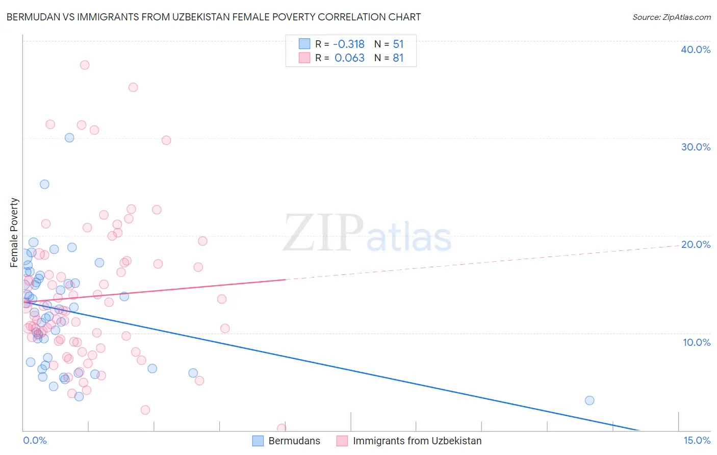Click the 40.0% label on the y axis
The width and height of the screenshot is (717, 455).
[x=695, y=49]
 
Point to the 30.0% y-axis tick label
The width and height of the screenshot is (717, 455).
[x=695, y=147]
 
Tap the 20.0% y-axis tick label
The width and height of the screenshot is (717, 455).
[x=695, y=244]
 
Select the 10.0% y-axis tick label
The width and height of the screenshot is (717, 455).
[x=696, y=342]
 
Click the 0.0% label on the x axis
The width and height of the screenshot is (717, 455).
[x=35, y=440]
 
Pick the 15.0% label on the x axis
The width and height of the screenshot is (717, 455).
[x=696, y=440]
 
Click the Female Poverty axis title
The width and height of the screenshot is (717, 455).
[x=14, y=233]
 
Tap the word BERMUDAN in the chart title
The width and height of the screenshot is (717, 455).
[x=32, y=17]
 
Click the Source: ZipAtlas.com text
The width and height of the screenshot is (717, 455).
[x=671, y=17]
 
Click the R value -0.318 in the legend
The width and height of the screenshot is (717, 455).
[x=349, y=44]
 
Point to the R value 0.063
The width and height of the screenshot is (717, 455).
[x=349, y=58]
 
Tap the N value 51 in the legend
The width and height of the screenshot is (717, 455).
[x=398, y=44]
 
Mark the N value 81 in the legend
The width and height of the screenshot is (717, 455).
[x=398, y=58]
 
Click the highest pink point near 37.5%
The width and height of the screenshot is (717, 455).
[x=85, y=65]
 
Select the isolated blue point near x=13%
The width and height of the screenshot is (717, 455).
[x=589, y=400]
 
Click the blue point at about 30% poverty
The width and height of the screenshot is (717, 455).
[x=69, y=138]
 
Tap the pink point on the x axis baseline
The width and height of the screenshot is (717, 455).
[x=281, y=428]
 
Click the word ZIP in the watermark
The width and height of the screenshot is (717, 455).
[x=323, y=234]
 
